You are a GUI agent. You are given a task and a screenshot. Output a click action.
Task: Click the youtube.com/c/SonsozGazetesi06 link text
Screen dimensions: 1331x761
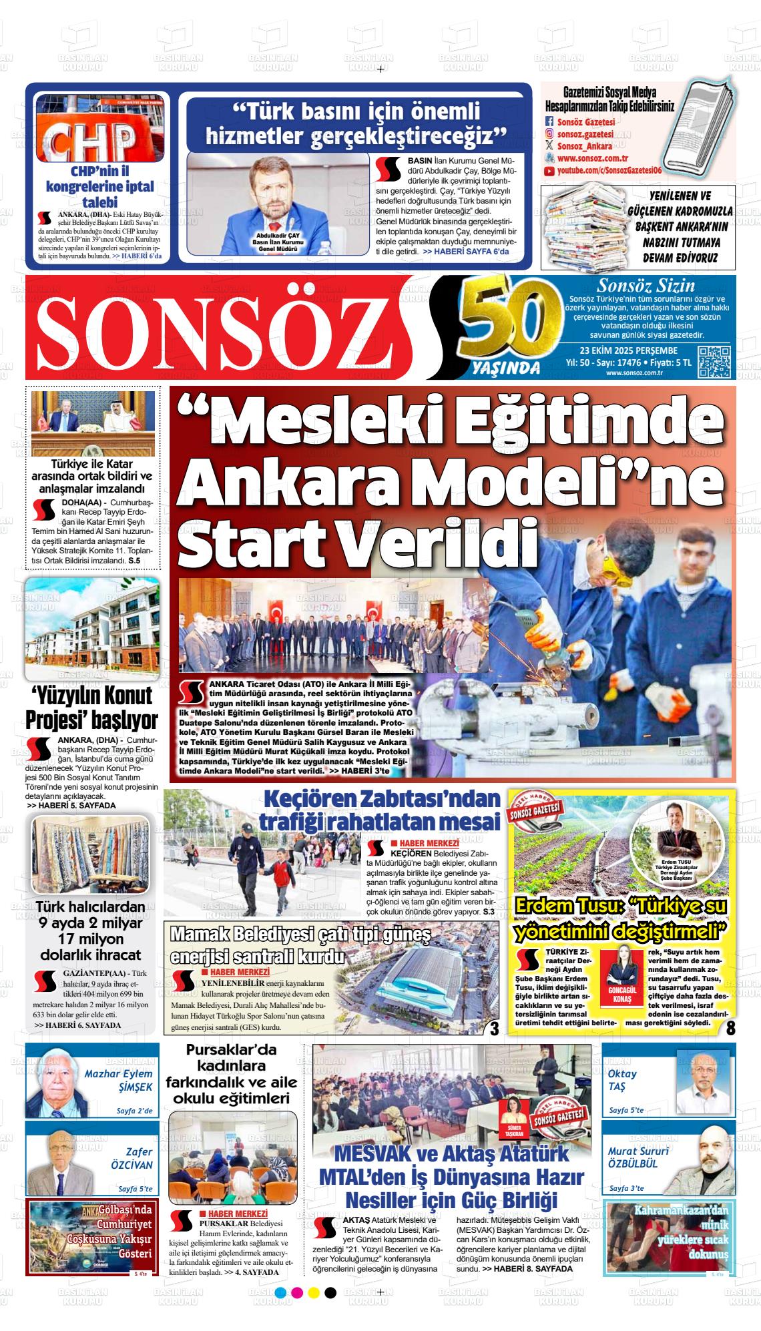pos(609,172)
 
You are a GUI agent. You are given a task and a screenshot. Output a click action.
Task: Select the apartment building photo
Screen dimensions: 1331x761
pos(93,627)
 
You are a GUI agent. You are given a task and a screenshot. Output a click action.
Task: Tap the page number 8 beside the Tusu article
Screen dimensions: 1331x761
pos(730,1028)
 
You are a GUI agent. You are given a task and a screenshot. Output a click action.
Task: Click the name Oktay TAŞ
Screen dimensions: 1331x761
pos(621,1081)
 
